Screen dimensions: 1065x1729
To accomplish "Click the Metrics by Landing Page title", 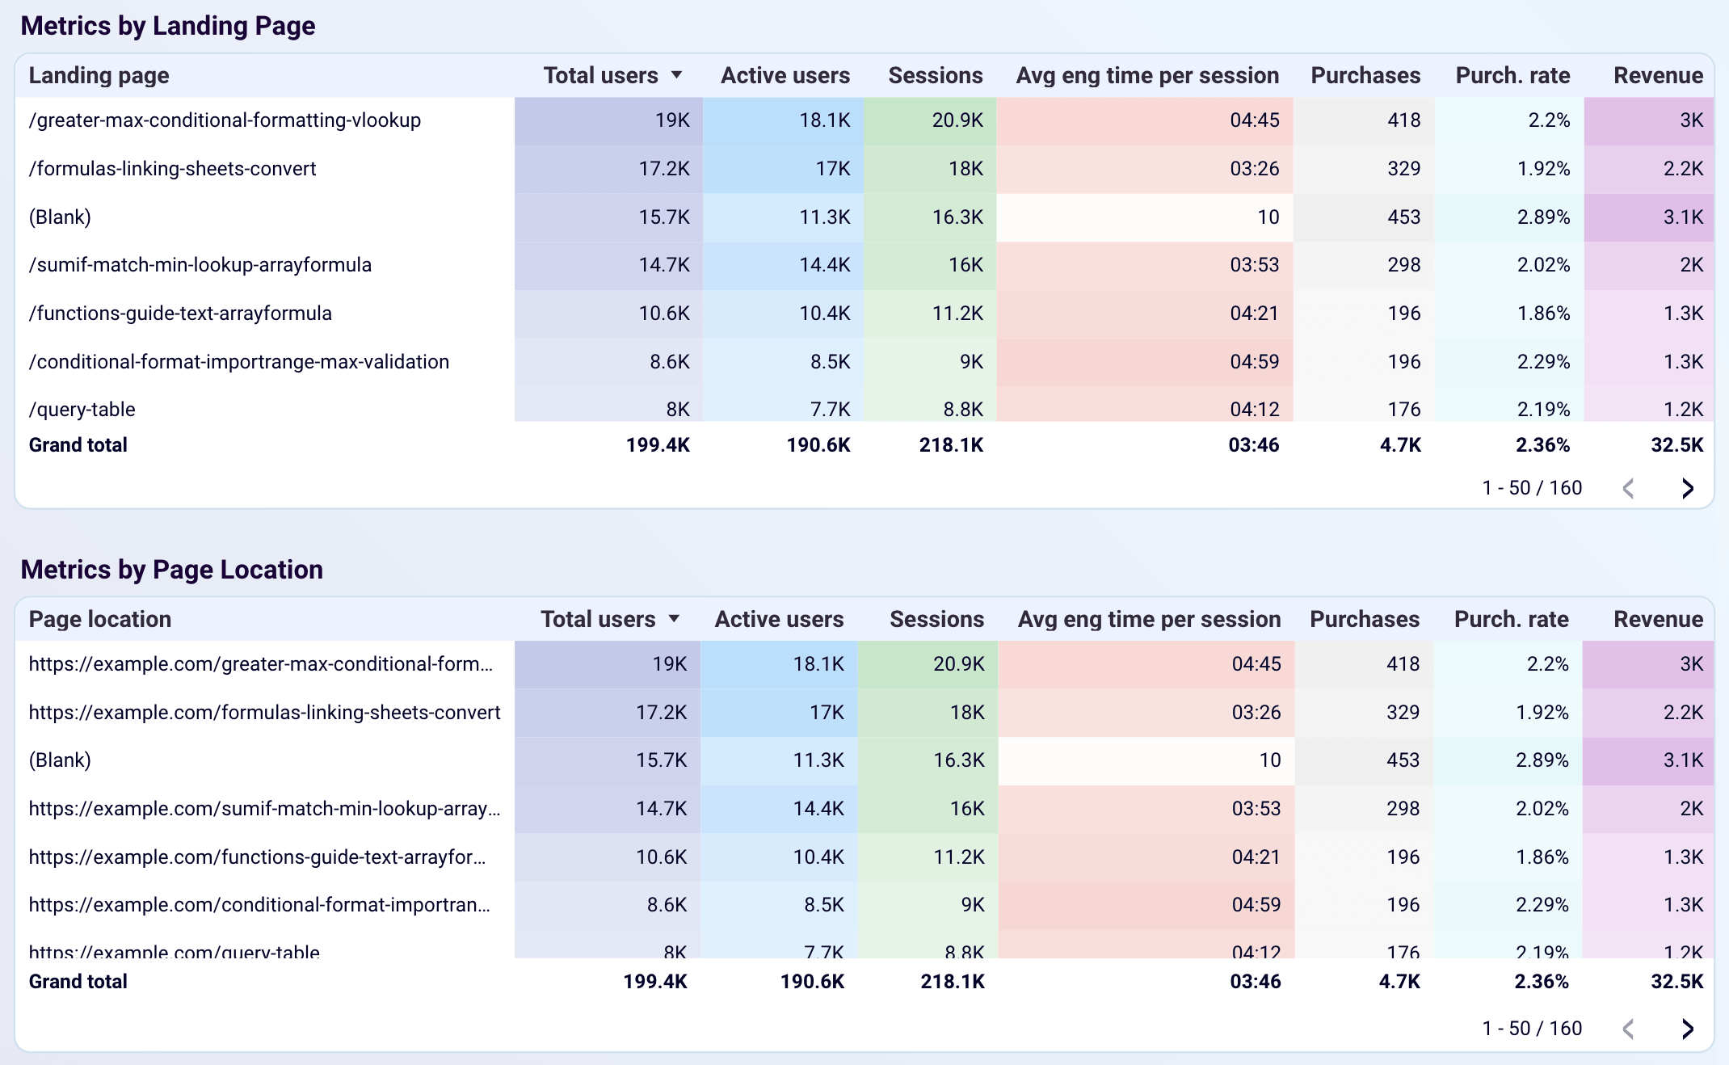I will point(167,26).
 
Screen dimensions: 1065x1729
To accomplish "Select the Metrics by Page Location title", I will point(171,570).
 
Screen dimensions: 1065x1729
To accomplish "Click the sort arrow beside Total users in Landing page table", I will point(677,75).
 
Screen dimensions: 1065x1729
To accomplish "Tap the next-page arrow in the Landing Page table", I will point(1687,488).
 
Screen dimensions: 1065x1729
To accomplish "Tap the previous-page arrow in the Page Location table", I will point(1629,1029).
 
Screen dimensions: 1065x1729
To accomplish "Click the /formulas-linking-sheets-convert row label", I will point(172,169).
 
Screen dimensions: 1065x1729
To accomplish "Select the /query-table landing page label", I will point(82,410).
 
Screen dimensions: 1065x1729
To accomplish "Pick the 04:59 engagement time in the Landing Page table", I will point(1254,362).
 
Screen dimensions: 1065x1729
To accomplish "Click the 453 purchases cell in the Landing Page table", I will point(1403,217).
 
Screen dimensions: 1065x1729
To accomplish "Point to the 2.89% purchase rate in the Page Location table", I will point(1542,760).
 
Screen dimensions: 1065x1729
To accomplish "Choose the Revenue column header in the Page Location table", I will point(1658,620).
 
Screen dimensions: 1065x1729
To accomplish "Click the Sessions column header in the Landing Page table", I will point(935,76).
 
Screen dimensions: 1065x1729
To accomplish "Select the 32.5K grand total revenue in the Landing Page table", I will point(1676,445).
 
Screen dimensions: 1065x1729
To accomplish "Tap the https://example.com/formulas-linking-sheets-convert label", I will point(264,713).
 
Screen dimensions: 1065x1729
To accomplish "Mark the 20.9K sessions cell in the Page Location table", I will point(958,664).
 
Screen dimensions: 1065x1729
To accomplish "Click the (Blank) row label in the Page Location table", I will point(60,760).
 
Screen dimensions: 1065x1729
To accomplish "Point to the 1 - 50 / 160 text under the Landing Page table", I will point(1532,488).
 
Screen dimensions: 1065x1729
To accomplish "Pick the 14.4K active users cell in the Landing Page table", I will point(824,265).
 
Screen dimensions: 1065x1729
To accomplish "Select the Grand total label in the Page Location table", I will point(78,982).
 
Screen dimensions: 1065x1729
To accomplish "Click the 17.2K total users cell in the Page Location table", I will point(661,713).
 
